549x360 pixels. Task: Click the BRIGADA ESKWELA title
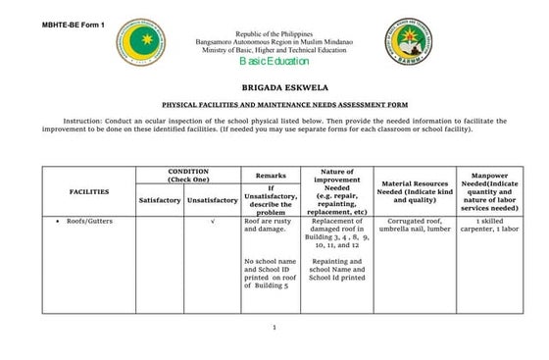(274, 86)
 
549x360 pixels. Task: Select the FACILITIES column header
(88, 191)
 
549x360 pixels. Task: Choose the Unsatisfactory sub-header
(212, 200)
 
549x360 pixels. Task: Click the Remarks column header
(270, 175)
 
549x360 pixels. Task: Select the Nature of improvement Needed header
(336, 191)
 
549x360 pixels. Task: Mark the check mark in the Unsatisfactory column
(212, 223)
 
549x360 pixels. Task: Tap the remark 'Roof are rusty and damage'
(269, 227)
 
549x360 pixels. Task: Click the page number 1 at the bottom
(275, 327)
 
